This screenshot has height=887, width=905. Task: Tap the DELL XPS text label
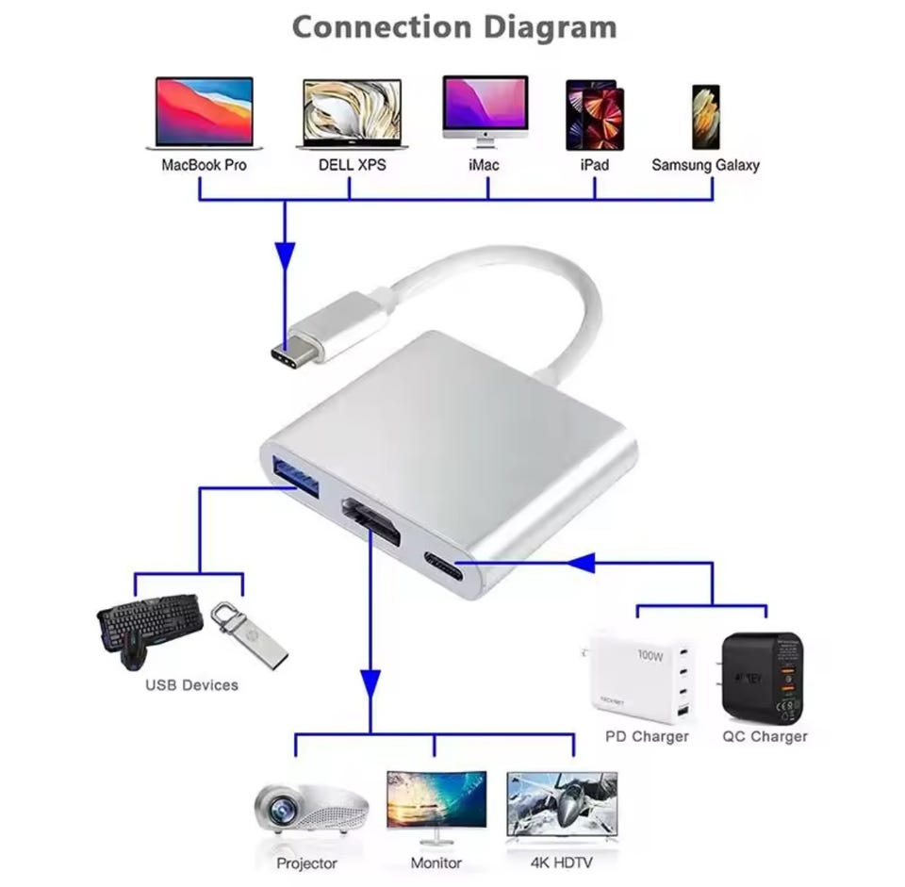pyautogui.click(x=352, y=165)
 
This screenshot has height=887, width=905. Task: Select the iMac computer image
pyautogui.click(x=485, y=109)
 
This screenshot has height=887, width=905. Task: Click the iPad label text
pyautogui.click(x=595, y=165)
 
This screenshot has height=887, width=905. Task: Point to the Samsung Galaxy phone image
pyautogui.click(x=705, y=117)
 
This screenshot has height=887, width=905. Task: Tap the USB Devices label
pyautogui.click(x=191, y=685)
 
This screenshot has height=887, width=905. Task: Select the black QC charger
pyautogui.click(x=764, y=676)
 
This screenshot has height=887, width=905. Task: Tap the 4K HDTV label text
pyautogui.click(x=562, y=862)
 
